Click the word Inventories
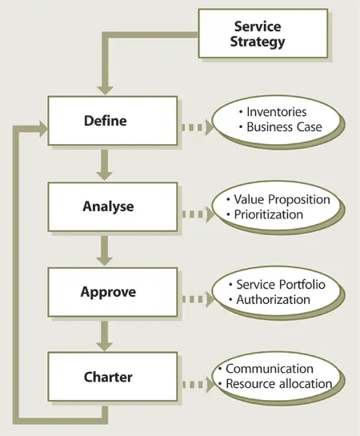(277, 112)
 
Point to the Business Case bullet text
(282, 127)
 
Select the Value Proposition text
(282, 199)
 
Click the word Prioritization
(268, 214)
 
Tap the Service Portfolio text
(281, 284)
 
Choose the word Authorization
(273, 299)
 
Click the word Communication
(269, 369)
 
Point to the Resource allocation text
(278, 384)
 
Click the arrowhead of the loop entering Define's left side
(42, 125)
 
